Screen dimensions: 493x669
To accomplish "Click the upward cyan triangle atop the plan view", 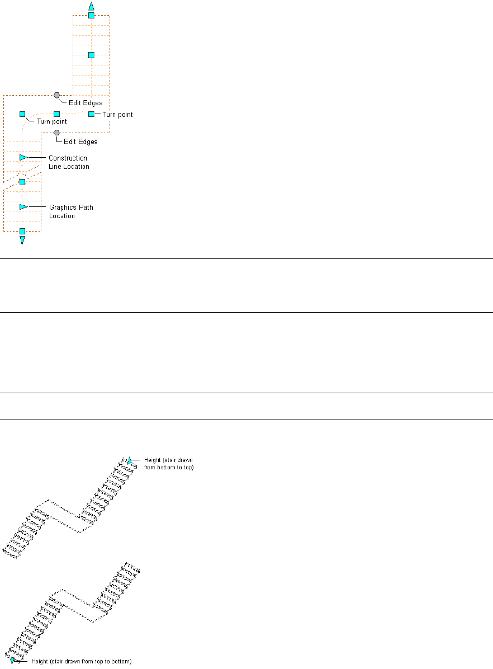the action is click(91, 6).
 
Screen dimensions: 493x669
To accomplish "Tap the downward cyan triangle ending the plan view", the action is click(22, 241).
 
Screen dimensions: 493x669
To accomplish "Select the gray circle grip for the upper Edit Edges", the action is click(56, 96).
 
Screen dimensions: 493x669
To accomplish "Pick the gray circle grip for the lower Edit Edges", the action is click(56, 133).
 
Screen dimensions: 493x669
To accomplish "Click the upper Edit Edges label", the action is click(85, 103).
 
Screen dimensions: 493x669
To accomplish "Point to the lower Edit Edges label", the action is click(80, 142).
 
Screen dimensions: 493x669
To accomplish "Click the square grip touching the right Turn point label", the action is click(91, 114).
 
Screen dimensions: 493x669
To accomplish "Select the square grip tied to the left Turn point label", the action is click(22, 114).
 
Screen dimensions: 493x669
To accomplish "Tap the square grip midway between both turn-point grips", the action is click(56, 114).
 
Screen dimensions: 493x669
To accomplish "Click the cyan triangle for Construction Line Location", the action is click(23, 158).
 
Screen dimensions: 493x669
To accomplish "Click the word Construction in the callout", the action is click(68, 158).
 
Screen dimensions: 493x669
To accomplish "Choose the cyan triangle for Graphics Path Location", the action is click(23, 207).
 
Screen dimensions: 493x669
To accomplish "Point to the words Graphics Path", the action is click(71, 208).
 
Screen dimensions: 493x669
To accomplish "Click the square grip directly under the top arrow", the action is click(91, 16).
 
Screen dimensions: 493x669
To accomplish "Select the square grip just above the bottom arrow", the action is click(22, 231).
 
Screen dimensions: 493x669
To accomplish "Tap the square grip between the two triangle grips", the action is click(22, 182).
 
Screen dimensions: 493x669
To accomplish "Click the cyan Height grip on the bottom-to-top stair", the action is click(130, 460).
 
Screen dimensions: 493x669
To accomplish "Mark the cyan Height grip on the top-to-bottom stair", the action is click(13, 661).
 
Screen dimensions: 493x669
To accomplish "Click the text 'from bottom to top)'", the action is click(169, 467).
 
